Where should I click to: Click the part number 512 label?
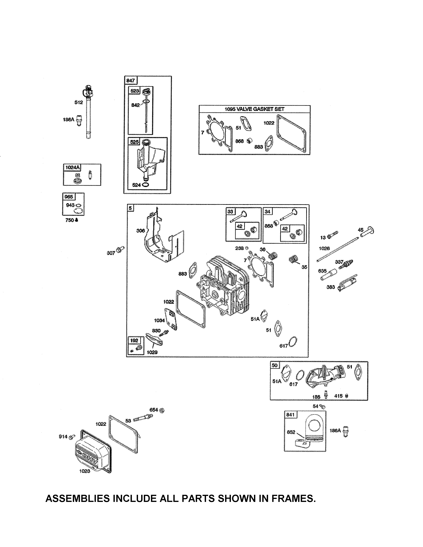78,102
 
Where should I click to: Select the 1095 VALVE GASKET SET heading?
254,109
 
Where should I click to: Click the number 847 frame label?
131,80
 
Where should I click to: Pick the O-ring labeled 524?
145,185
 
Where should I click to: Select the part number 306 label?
141,230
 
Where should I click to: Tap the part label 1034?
159,320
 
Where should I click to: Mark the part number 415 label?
338,396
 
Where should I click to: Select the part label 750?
70,220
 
